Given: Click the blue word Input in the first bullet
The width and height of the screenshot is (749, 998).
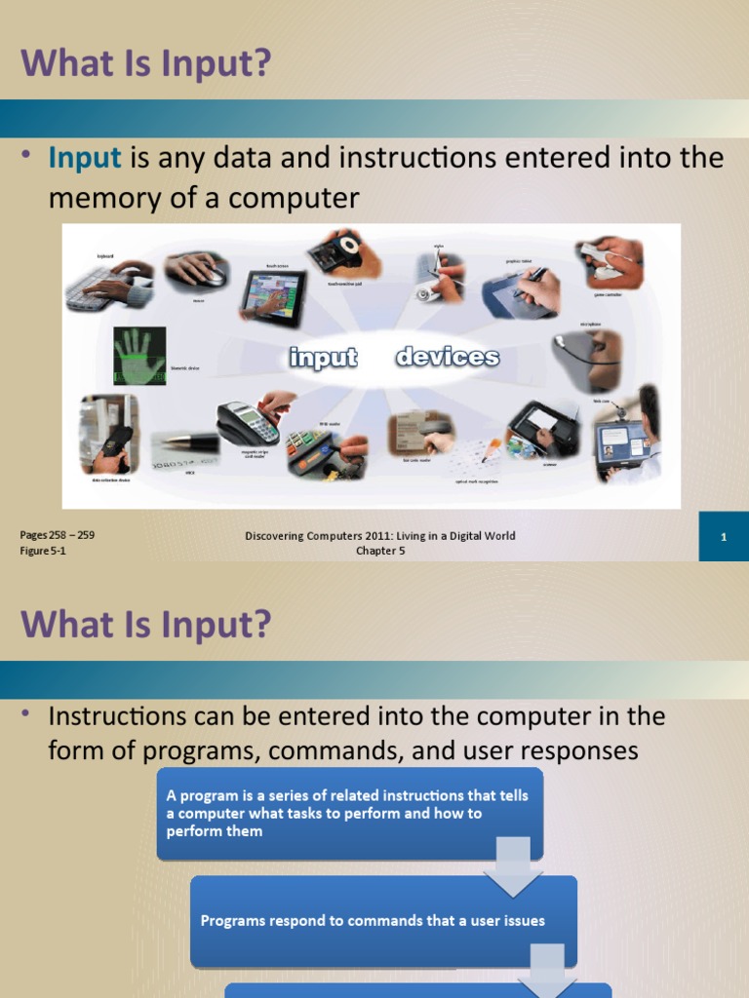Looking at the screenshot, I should tap(85, 158).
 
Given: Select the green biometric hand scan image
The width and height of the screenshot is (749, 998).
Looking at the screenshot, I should tap(139, 356).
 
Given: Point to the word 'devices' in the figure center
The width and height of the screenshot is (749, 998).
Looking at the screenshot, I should tap(448, 358).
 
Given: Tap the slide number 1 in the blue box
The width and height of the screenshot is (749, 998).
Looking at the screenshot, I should tap(724, 537).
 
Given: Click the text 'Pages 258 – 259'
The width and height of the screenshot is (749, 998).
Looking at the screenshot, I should tap(58, 535).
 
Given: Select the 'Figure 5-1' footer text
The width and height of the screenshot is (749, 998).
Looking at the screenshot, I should tap(43, 551).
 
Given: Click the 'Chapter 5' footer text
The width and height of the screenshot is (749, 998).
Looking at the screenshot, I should tap(379, 551).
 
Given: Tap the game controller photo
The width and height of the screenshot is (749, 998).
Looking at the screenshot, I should tap(610, 260).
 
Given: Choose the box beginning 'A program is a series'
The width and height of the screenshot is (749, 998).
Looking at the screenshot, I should tap(348, 813).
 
